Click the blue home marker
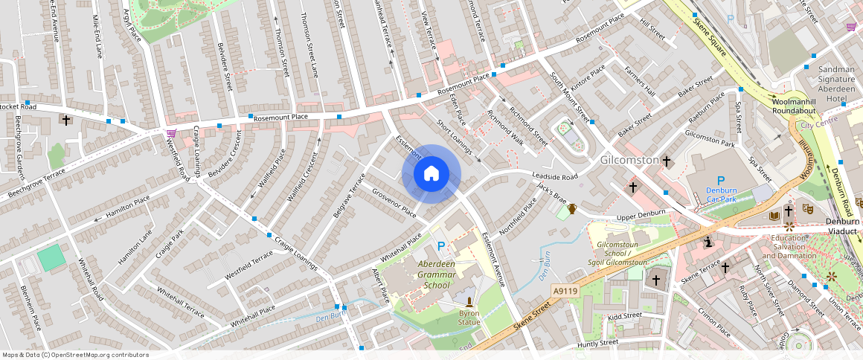[x=431, y=174]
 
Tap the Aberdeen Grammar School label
[x=426, y=274]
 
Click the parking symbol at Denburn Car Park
[x=720, y=180]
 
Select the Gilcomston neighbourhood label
[x=629, y=160]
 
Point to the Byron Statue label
[x=469, y=318]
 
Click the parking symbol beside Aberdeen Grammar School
[x=441, y=246]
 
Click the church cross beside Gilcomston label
[x=667, y=161]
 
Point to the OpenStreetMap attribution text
[x=76, y=355]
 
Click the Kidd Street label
[x=624, y=316]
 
